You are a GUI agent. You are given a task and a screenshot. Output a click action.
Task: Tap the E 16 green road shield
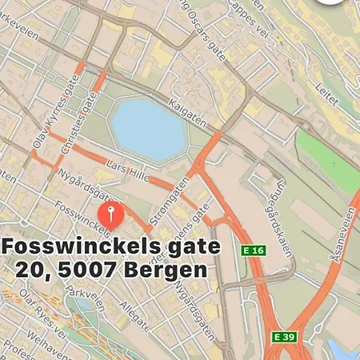click(253, 250)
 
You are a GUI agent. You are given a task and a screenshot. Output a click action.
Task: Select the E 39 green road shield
click(283, 337)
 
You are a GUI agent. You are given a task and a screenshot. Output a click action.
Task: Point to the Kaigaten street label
click(188, 114)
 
